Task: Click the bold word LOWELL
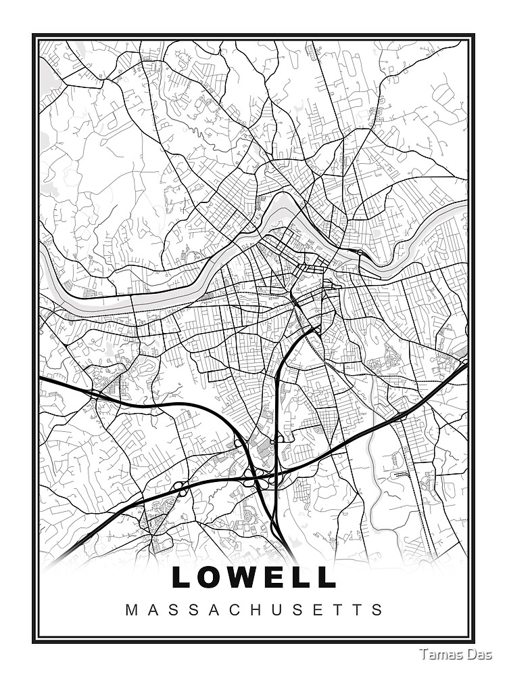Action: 254,577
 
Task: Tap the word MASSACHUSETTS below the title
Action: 254,609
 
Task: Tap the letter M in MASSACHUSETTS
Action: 131,609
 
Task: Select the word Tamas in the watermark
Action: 439,655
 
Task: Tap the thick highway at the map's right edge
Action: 464,366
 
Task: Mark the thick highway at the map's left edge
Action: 42,379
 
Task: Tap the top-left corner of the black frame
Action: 34,36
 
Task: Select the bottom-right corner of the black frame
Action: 473,641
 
